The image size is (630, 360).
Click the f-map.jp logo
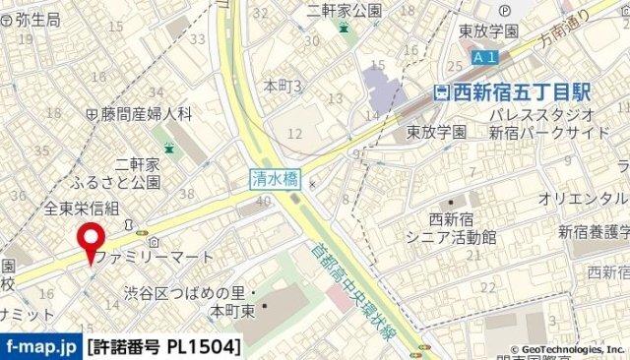[x=41, y=347]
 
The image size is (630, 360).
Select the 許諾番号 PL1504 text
[x=163, y=347]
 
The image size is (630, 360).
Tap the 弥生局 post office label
[x=33, y=19]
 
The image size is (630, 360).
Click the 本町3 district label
[x=282, y=87]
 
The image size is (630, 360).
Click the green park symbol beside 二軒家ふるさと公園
[x=169, y=150]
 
